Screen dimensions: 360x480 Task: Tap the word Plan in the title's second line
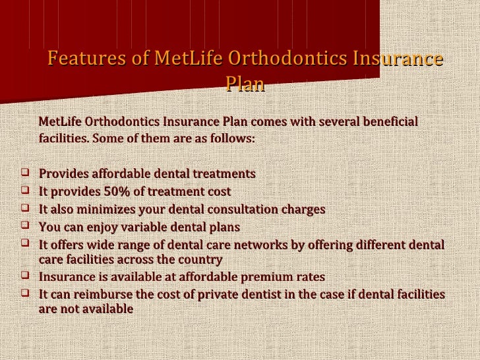point(245,84)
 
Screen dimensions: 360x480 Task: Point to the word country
point(196,259)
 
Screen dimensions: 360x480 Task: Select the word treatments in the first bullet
point(224,174)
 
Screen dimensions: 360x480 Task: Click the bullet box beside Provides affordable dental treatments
point(25,174)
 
